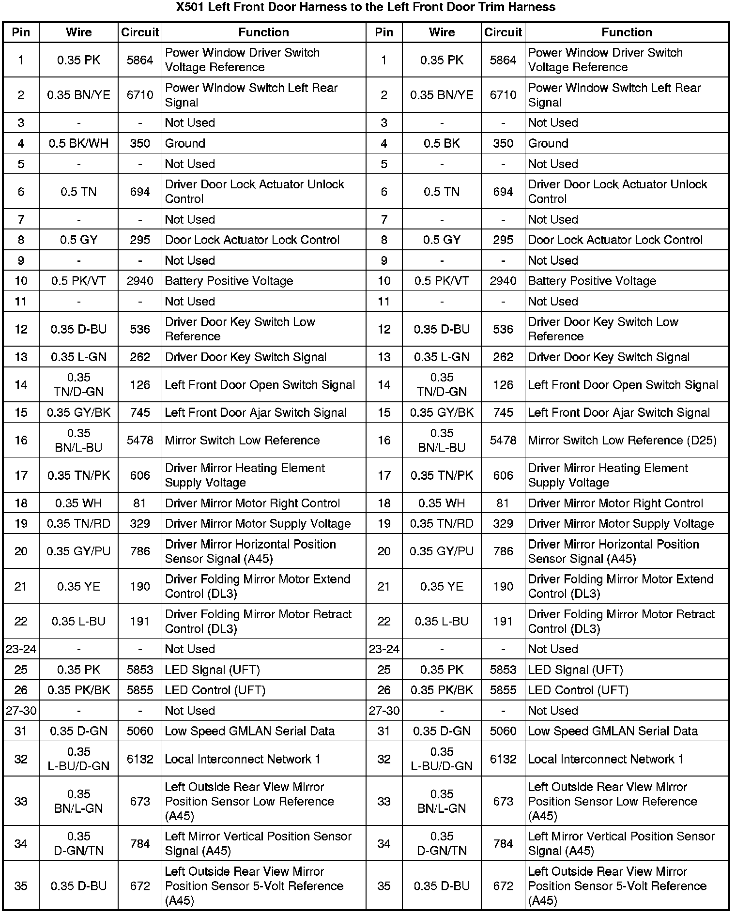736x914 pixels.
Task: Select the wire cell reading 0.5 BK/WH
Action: pyautogui.click(x=78, y=143)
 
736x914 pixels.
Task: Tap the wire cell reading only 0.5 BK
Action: pyautogui.click(x=442, y=143)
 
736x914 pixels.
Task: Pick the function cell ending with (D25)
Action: pyautogui.click(x=622, y=440)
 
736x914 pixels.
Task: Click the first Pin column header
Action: pyautogui.click(x=21, y=32)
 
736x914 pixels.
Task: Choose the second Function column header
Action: pyautogui.click(x=627, y=32)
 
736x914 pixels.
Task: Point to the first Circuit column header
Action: pyautogui.click(x=140, y=32)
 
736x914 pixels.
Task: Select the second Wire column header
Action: pyautogui.click(x=442, y=32)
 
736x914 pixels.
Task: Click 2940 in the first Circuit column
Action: pyautogui.click(x=140, y=281)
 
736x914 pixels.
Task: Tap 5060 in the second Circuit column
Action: pyautogui.click(x=503, y=731)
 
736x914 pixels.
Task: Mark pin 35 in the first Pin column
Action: pyautogui.click(x=21, y=886)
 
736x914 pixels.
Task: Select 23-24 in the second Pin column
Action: pyautogui.click(x=384, y=649)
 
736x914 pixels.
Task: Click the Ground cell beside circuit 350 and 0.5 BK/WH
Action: pyautogui.click(x=185, y=143)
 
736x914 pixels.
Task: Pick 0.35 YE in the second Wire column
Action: pyautogui.click(x=442, y=586)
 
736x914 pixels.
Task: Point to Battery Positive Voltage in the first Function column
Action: pyautogui.click(x=229, y=281)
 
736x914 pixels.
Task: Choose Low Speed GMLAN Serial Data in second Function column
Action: pyautogui.click(x=613, y=731)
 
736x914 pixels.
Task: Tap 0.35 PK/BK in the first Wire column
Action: pyautogui.click(x=78, y=690)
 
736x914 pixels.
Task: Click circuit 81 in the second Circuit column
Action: pyautogui.click(x=503, y=503)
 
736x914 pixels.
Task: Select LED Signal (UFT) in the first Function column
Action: pyautogui.click(x=213, y=670)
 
